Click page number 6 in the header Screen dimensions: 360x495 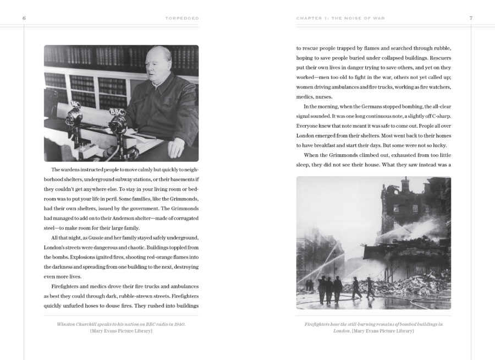coord(24,18)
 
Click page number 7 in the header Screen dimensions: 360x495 coord(471,18)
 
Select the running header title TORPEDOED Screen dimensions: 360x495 coord(182,18)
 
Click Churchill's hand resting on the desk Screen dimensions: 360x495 coord(175,148)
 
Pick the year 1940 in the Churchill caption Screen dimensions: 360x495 coord(179,324)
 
